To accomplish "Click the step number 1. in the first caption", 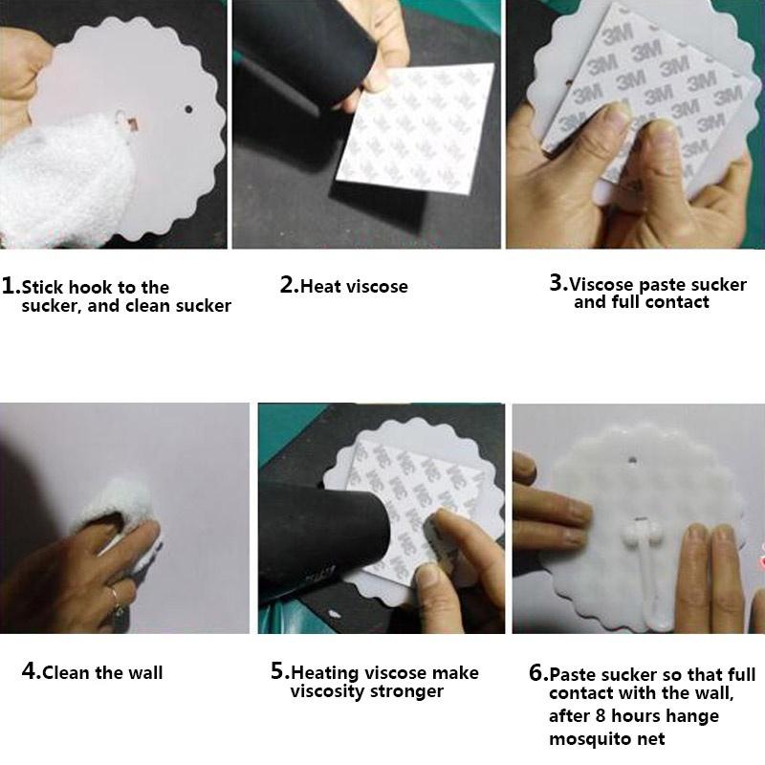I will (x=11, y=286).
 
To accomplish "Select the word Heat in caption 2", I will (x=322, y=286).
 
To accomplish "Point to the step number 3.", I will (x=557, y=283).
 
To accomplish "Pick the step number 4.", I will (x=31, y=671).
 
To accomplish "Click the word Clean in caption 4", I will (x=68, y=672).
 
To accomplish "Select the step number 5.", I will (x=279, y=672).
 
